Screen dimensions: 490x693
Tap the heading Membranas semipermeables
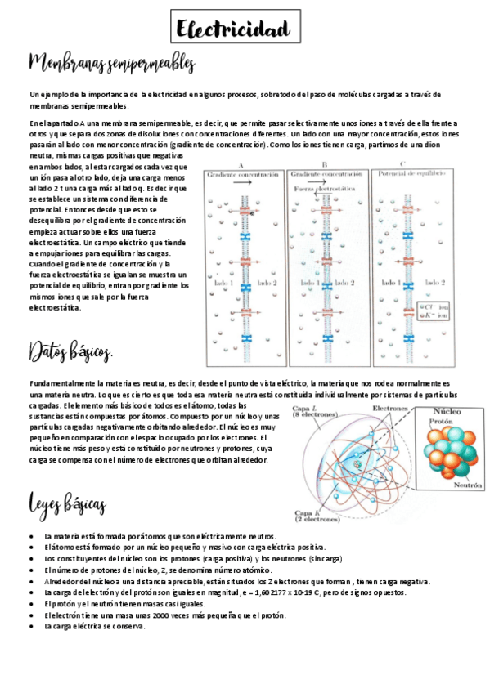coord(112,64)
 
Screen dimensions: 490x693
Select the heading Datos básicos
coord(71,353)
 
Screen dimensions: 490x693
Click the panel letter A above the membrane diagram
coord(241,164)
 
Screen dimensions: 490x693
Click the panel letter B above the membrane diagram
coord(325,164)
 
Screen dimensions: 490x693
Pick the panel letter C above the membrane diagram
coord(408,164)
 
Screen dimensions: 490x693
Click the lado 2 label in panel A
coord(267,283)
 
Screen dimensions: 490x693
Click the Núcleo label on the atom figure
coord(447,413)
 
